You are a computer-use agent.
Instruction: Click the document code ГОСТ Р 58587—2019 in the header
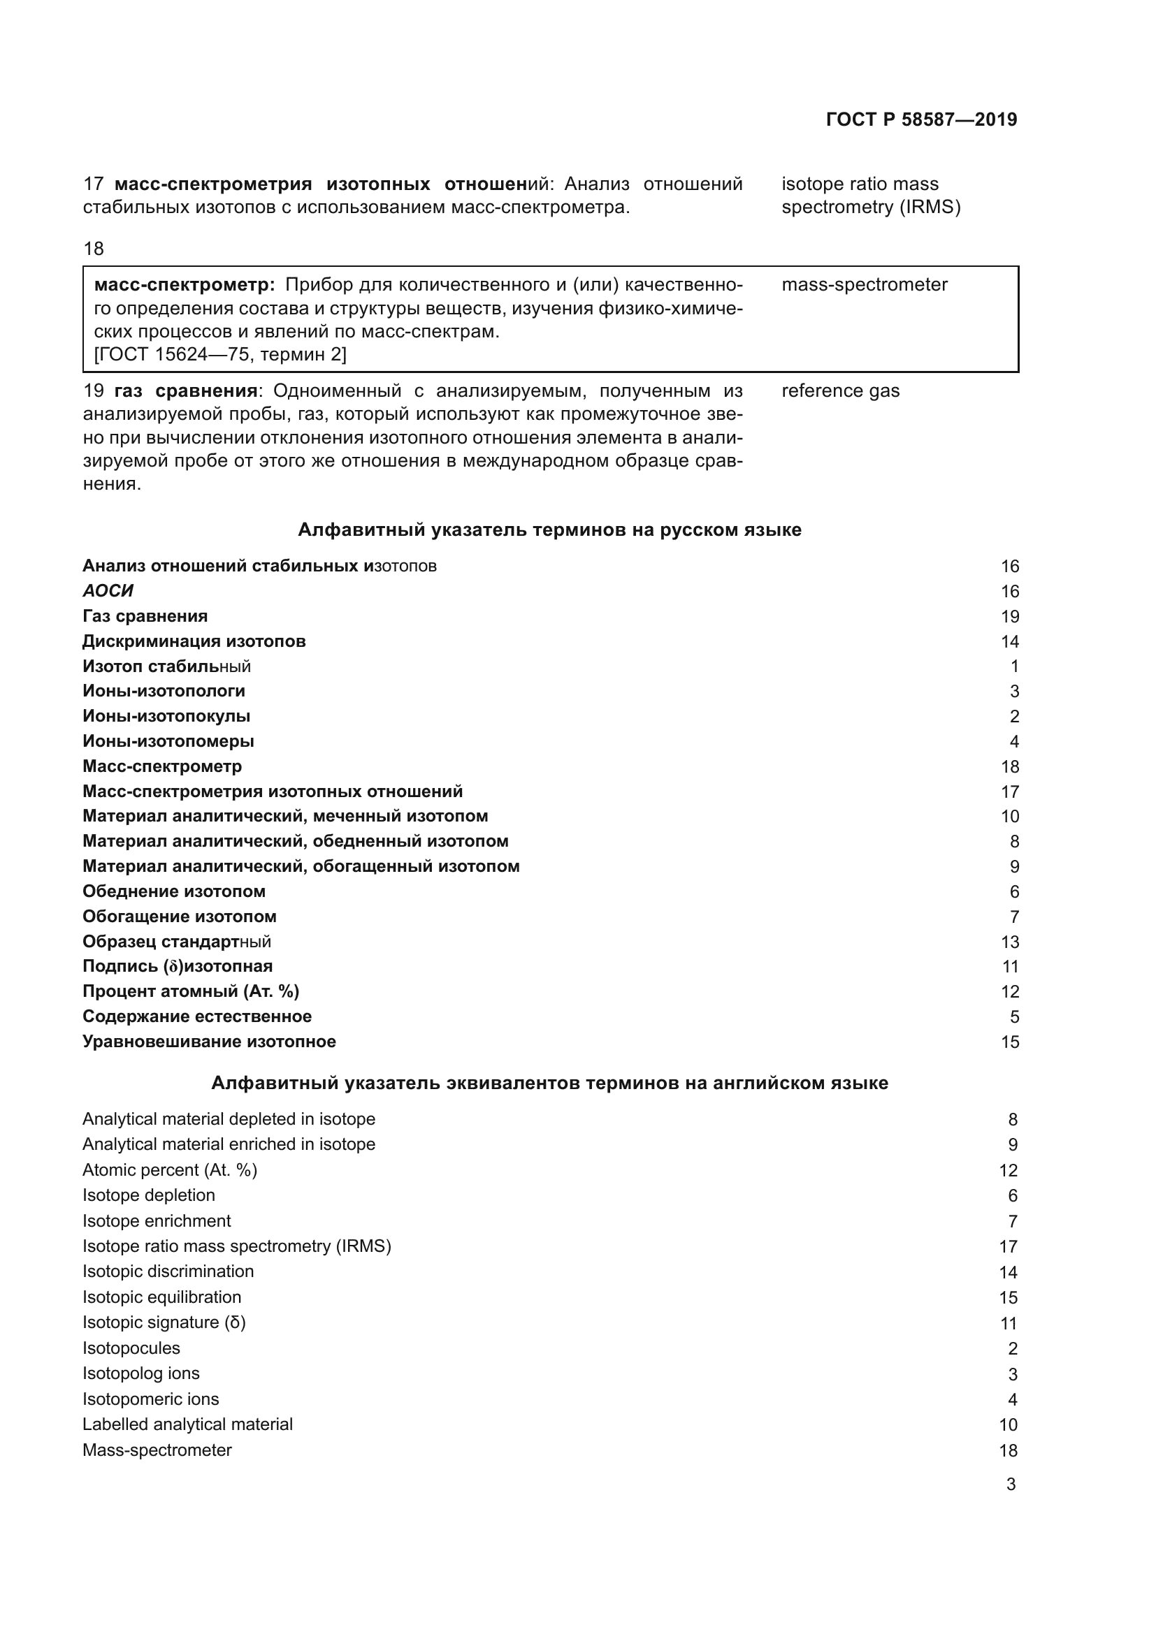(x=921, y=119)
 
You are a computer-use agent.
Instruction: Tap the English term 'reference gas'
(x=840, y=391)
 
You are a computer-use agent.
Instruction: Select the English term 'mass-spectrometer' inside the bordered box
(x=864, y=284)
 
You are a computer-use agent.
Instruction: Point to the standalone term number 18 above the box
(x=93, y=249)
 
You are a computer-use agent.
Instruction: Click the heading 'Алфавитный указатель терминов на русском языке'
(x=549, y=530)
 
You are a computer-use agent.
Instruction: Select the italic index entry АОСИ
(x=108, y=591)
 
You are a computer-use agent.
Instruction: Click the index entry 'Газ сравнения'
(x=145, y=615)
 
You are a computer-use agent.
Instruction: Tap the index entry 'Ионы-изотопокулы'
(x=166, y=716)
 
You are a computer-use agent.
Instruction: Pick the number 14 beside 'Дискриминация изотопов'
(x=1009, y=641)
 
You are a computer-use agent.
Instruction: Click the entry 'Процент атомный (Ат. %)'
(x=191, y=991)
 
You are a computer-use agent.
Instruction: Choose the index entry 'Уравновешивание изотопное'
(x=209, y=1041)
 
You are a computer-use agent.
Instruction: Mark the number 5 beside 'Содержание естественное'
(x=1014, y=1016)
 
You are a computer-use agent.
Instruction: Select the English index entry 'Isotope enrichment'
(x=157, y=1220)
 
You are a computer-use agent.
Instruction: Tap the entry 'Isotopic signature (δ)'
(x=164, y=1322)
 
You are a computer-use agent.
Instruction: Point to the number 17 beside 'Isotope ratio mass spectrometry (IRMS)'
(x=1008, y=1246)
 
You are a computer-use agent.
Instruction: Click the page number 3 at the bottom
(x=1010, y=1484)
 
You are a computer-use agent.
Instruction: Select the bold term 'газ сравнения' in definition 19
(x=185, y=391)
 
